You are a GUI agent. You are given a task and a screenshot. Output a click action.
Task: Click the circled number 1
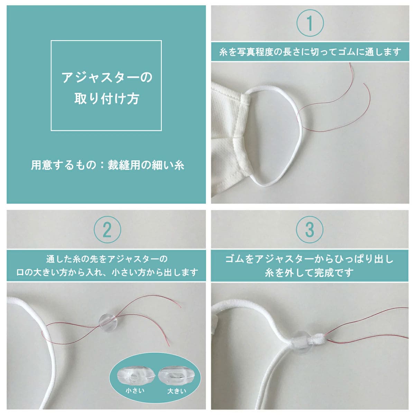(310, 23)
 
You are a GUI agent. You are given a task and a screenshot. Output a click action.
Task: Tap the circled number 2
(107, 230)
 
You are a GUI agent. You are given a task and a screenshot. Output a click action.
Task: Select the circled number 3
(310, 230)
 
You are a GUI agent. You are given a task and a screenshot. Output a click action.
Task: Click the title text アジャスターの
(107, 77)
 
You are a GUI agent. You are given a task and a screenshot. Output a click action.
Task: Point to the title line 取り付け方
(107, 99)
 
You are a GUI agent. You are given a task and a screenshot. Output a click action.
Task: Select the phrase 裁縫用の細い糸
(146, 165)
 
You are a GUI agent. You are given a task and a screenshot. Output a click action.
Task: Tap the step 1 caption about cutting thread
(310, 52)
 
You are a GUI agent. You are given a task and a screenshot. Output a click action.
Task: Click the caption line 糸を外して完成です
(309, 273)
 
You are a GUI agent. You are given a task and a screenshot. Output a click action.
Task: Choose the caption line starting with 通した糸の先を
(107, 259)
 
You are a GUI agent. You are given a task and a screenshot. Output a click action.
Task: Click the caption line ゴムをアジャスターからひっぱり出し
(309, 259)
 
